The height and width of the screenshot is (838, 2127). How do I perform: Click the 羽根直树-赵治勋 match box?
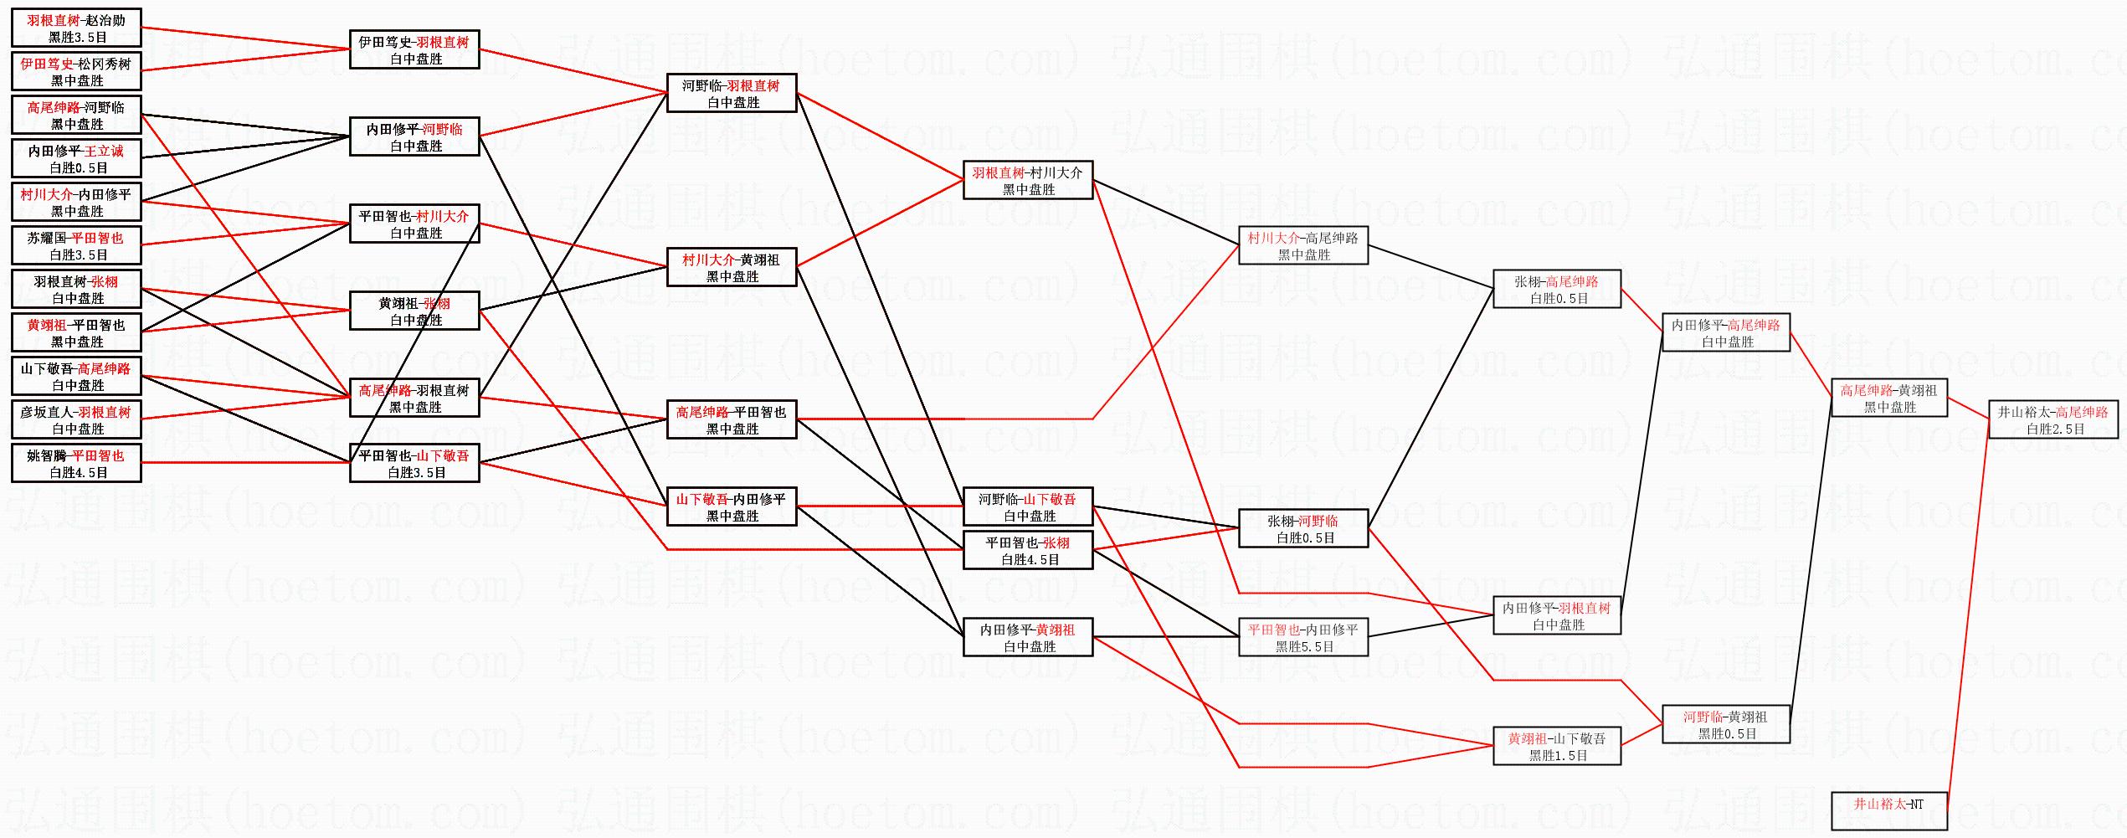click(x=76, y=28)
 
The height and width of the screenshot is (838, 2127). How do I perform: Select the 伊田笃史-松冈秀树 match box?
click(x=76, y=72)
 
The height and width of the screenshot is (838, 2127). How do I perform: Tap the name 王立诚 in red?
click(x=104, y=151)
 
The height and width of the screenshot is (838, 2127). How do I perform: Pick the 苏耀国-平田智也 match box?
click(x=76, y=246)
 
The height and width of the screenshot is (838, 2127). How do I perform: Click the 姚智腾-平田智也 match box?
click(x=76, y=464)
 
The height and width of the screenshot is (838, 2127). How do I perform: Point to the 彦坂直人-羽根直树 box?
click(x=76, y=420)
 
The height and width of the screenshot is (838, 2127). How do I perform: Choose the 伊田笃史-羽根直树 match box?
click(x=414, y=50)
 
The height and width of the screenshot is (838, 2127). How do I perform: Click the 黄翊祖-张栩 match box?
click(x=414, y=311)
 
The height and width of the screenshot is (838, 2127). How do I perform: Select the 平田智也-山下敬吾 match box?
click(x=414, y=464)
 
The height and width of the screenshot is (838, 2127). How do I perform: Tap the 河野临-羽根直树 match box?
click(x=732, y=94)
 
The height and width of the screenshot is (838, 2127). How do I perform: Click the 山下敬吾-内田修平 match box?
click(x=732, y=507)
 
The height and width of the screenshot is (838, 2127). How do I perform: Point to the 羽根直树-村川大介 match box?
click(x=1028, y=181)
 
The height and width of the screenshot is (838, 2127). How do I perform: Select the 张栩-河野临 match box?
click(x=1303, y=529)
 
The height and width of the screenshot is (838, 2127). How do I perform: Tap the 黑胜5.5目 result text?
click(x=1304, y=647)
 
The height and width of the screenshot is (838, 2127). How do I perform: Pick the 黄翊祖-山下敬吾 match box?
click(x=1557, y=747)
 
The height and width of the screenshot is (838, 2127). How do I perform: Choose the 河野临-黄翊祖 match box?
click(x=1726, y=725)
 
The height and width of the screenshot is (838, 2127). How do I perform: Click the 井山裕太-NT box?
click(x=1889, y=811)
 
